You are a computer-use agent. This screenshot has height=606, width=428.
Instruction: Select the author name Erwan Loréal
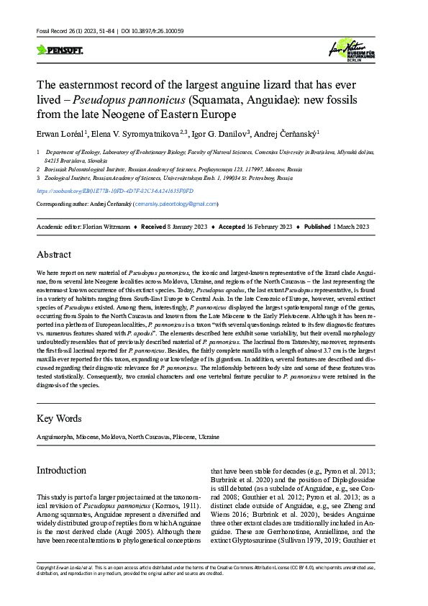pos(60,133)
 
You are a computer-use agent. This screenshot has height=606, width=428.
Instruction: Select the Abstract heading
pos(54,254)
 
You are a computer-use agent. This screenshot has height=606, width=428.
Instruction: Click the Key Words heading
pos(58,417)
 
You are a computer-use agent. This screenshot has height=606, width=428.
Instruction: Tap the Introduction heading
pos(61,470)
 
